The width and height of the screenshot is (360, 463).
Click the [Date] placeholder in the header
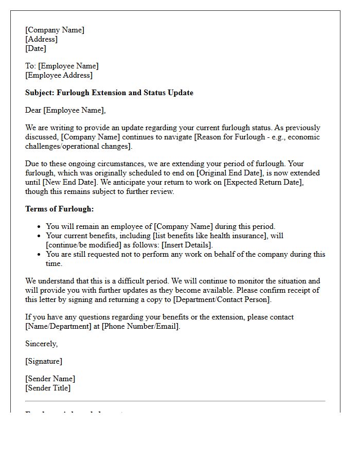click(35, 48)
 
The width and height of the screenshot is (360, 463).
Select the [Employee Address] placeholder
click(59, 75)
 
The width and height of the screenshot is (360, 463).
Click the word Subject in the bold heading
click(40, 93)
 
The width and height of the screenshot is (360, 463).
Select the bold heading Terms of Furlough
click(59, 209)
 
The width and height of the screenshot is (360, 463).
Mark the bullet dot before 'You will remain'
click(39, 227)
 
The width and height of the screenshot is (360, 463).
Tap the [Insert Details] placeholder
click(187, 245)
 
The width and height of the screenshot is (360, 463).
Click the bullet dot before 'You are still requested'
click(39, 255)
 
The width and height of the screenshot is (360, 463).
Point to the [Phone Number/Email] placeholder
click(140, 326)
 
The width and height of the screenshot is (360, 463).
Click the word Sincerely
click(41, 344)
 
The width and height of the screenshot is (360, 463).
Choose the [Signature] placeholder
click(44, 361)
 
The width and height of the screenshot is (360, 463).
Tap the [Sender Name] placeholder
click(50, 379)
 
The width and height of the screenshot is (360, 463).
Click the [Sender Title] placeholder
click(48, 388)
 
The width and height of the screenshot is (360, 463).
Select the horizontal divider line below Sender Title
click(175, 401)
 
